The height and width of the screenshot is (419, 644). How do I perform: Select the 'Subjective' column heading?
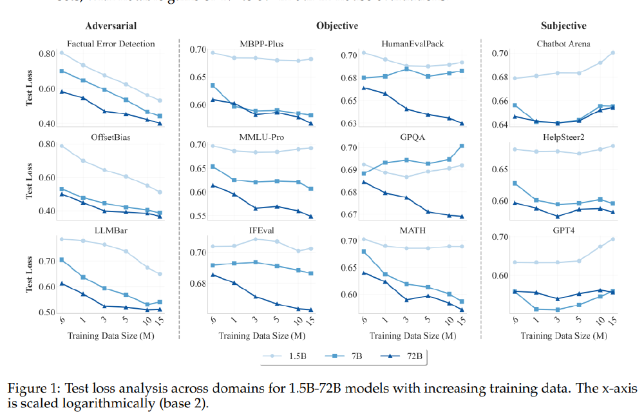click(563, 26)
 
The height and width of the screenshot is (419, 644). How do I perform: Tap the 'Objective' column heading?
click(337, 26)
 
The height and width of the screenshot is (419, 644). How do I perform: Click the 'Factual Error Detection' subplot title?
click(111, 44)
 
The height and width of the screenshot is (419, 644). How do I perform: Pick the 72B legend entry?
click(403, 355)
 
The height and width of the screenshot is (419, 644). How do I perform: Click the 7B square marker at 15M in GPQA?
click(462, 146)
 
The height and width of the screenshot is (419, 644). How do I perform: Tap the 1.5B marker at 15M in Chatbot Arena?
click(612, 53)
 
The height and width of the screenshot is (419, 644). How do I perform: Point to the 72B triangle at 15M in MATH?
click(462, 310)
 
